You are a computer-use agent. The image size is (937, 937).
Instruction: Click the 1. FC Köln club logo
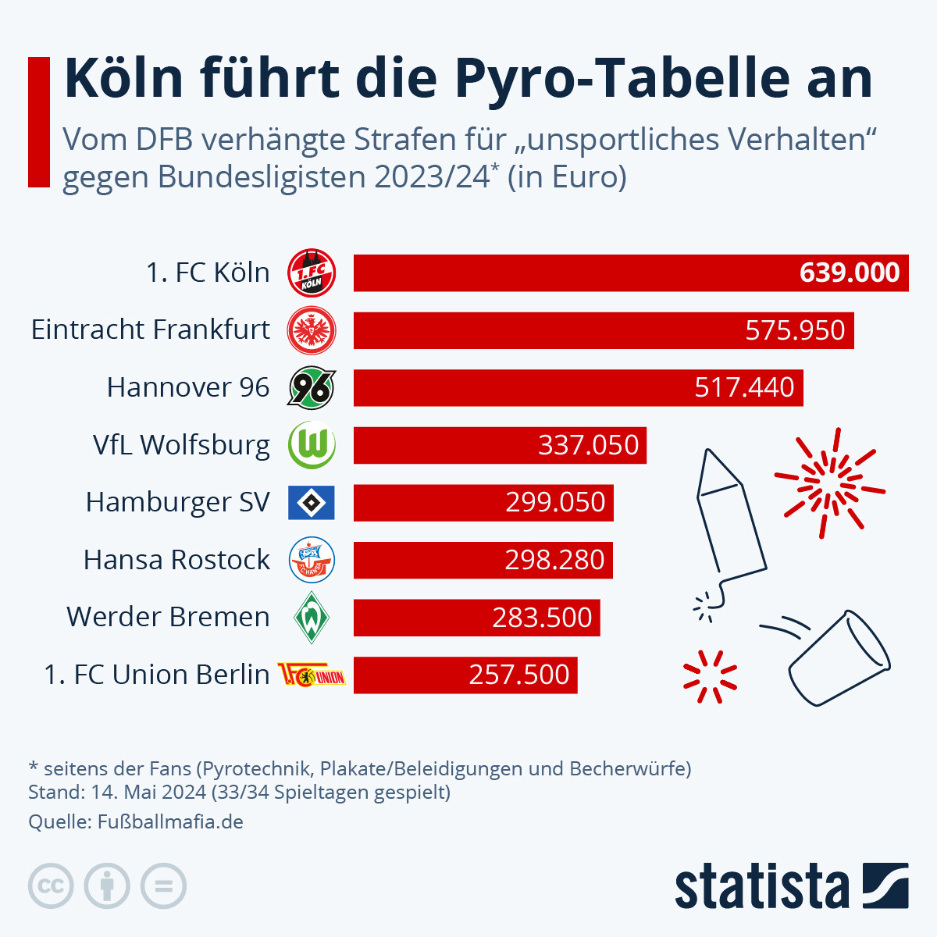point(312,273)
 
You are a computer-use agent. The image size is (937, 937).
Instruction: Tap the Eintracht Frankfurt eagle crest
point(312,330)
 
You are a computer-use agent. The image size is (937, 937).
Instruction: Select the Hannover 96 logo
point(312,388)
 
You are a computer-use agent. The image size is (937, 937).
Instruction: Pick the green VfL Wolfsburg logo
point(312,445)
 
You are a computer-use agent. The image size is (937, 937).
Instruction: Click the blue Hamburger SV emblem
point(312,503)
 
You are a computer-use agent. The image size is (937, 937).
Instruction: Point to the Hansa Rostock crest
point(312,560)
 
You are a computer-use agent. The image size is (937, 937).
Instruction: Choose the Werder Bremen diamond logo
point(312,617)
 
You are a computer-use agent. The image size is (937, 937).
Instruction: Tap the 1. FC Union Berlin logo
point(312,675)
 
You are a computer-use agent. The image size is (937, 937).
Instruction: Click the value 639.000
point(850,273)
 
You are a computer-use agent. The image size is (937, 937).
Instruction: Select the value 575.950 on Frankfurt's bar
point(795,330)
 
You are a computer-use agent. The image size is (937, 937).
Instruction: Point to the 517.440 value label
point(744,387)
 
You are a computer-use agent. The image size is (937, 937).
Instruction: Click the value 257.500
point(519,675)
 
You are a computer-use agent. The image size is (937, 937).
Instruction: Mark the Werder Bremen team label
point(168,617)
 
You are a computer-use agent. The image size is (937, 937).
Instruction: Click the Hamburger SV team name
point(177,502)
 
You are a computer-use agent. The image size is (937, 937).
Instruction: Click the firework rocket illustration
point(730,523)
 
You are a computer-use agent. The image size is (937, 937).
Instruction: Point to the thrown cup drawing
point(839,660)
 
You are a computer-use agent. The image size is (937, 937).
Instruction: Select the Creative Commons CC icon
point(51,886)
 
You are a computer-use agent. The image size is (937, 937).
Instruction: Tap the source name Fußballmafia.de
point(170,822)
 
